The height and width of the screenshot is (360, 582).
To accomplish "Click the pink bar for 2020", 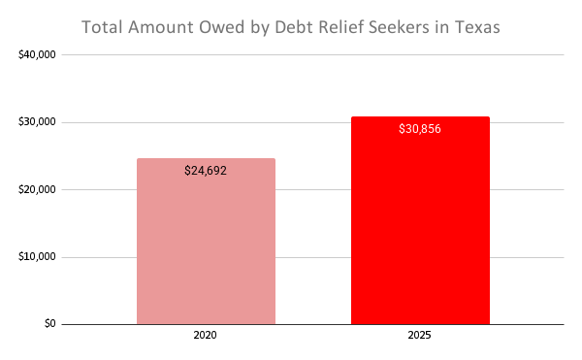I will point(206,242).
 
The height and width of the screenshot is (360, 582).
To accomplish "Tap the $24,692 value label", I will point(206,171).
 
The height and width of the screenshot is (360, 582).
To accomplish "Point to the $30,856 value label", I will point(419,129).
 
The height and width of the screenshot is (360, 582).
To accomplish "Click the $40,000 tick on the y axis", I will point(37,55).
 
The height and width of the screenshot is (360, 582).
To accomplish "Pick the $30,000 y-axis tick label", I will point(37,122).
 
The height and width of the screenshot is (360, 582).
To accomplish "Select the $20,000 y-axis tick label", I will point(37,189).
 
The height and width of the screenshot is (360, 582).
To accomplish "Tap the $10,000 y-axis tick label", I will point(37,257).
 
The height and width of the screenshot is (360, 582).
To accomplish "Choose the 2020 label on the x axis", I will point(206,337).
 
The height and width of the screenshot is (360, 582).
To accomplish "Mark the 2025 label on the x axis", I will point(419,337).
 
